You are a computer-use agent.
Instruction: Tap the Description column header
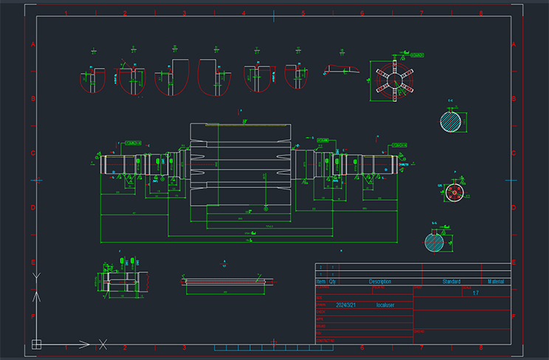[x=380, y=282]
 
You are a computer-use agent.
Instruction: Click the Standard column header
[x=451, y=282]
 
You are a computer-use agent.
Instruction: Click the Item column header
[x=320, y=282]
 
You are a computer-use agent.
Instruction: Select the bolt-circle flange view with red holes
[x=454, y=193]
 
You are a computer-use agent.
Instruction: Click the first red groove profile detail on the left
[x=92, y=80]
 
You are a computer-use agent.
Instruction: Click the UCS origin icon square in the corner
[x=36, y=342]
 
